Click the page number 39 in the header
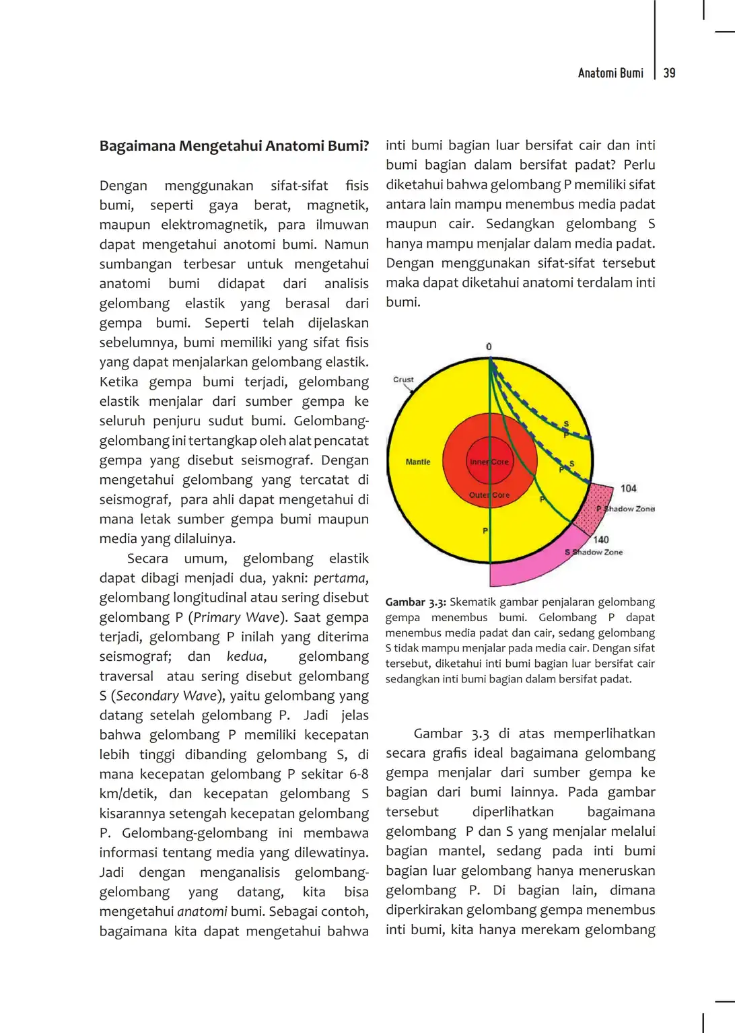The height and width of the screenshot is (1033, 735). pos(669,73)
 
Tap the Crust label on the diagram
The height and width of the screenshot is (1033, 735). pos(403,380)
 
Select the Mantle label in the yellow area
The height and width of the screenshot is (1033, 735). pos(418,462)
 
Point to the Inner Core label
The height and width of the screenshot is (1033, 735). pos(489,462)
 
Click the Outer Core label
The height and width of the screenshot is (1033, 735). pos(489,495)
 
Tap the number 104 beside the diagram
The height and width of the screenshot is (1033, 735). pos(628,489)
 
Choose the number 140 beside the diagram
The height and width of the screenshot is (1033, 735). pos(601,540)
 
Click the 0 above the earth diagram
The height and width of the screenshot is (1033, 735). pos(489,347)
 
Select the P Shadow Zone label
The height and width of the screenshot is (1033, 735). pos(625,509)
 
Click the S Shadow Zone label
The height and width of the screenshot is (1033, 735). pos(594,552)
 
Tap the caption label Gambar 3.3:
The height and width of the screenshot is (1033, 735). pos(415,602)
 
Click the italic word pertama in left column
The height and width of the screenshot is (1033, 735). pos(340,578)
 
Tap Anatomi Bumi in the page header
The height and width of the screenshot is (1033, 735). pos(610,73)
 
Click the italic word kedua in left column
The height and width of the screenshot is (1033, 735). pos(246,656)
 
